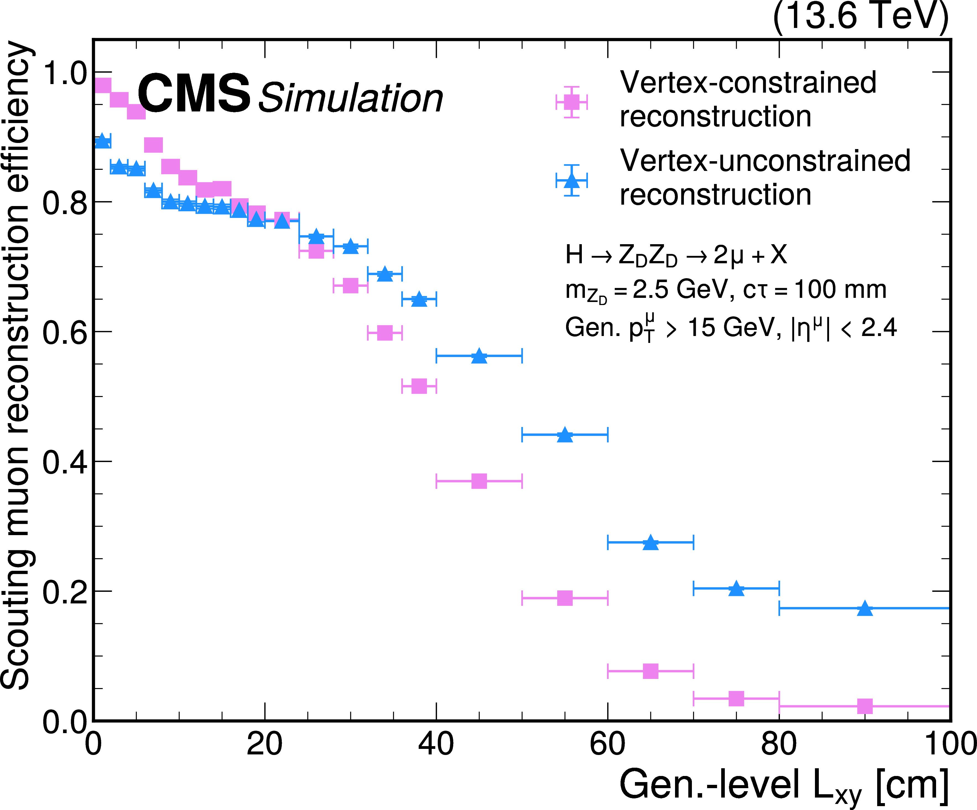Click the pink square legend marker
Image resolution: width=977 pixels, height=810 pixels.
pyautogui.click(x=571, y=102)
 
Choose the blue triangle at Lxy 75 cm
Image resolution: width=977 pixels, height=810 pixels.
pyautogui.click(x=736, y=588)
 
